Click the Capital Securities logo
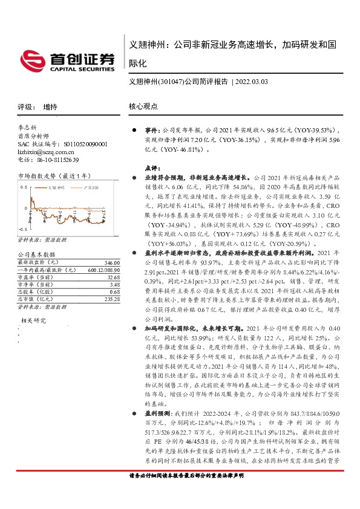73,59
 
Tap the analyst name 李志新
29,128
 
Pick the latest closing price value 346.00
110,263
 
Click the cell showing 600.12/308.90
100,270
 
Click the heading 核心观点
143,106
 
